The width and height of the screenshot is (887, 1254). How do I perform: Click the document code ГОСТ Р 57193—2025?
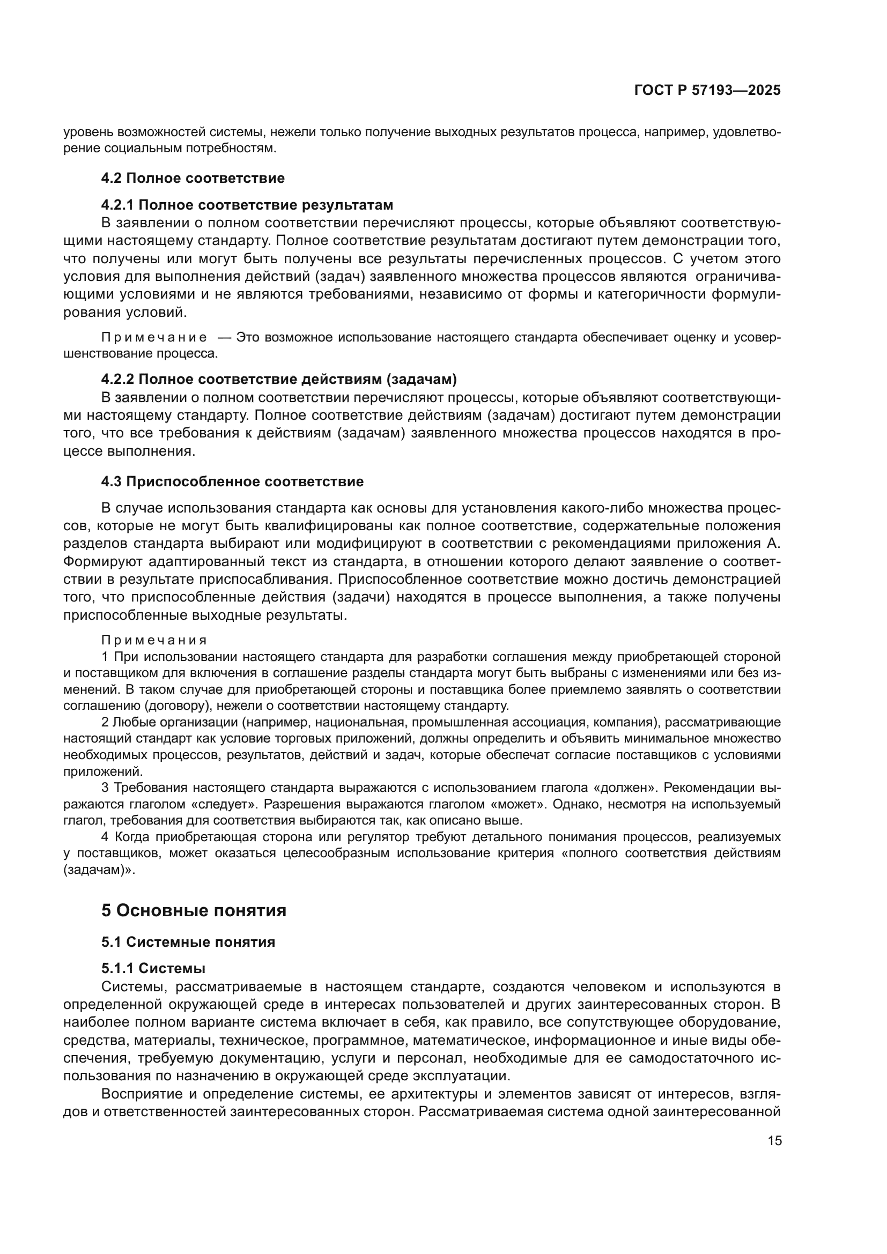pos(707,91)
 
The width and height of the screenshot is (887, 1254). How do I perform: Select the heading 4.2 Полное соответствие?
pos(193,178)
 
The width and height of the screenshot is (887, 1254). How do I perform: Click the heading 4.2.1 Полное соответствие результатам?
pos(247,205)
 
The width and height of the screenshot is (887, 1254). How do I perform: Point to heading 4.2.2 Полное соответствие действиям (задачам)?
pos(278,379)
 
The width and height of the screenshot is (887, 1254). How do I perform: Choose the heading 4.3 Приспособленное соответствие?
pos(232,482)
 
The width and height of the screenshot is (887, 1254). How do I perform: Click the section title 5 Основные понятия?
pos(194,910)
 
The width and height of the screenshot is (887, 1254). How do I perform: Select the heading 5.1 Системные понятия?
pos(188,942)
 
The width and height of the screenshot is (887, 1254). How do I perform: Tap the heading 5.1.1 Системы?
pos(153,968)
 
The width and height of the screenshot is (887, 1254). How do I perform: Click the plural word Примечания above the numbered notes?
pos(154,640)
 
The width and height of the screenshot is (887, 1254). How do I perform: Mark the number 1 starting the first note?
pos(105,657)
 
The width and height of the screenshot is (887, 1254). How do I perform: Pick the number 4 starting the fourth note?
pos(105,837)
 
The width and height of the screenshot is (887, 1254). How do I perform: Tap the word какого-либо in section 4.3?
pos(601,508)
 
